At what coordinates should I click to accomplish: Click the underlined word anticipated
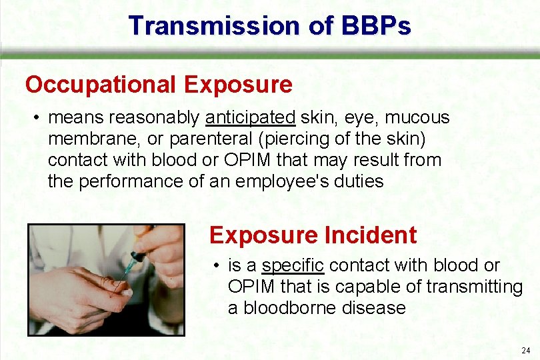pos(250,118)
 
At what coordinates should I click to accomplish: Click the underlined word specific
pos(293,265)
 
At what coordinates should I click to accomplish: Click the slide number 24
pos(526,350)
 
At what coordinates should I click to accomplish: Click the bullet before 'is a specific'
pos(217,266)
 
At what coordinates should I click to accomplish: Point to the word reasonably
pos(154,118)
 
